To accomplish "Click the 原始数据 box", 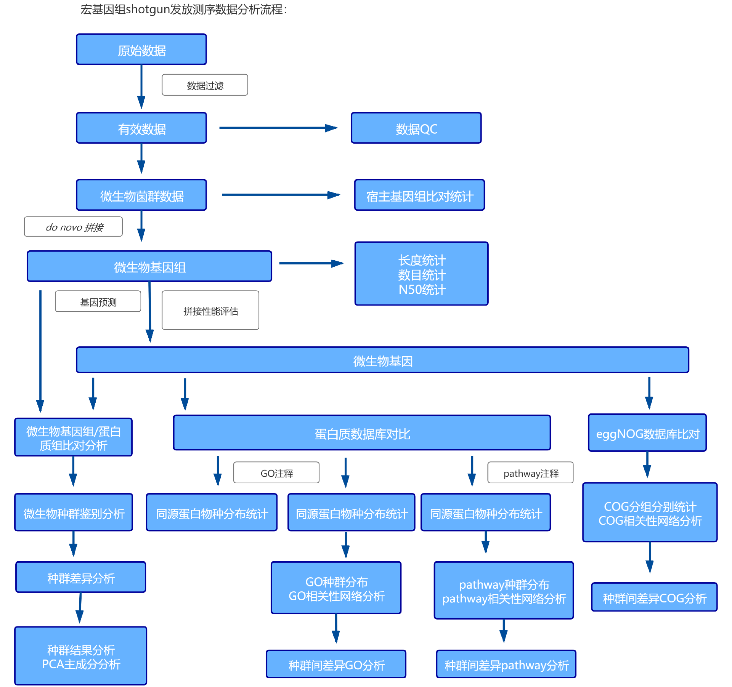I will click(141, 50).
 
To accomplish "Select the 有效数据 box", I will click(141, 128).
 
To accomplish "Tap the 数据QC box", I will click(416, 128).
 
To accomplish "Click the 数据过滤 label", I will click(205, 85).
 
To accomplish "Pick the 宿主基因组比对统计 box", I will click(419, 195).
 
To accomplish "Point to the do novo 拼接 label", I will click(74, 227).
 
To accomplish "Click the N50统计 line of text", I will click(422, 290).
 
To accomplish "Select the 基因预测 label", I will click(98, 302).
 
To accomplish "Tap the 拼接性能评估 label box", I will click(210, 311).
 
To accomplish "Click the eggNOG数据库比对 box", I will click(647, 433).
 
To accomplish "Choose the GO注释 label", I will click(276, 473).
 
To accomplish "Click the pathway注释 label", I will click(530, 473).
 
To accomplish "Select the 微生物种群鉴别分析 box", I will click(74, 513).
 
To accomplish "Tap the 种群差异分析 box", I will click(81, 577).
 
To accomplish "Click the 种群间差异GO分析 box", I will click(336, 665).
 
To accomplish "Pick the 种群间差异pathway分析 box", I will click(506, 665).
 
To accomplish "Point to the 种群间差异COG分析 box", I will click(654, 597).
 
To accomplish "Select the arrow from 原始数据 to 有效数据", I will click(141, 87).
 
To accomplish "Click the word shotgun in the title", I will click(148, 9).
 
